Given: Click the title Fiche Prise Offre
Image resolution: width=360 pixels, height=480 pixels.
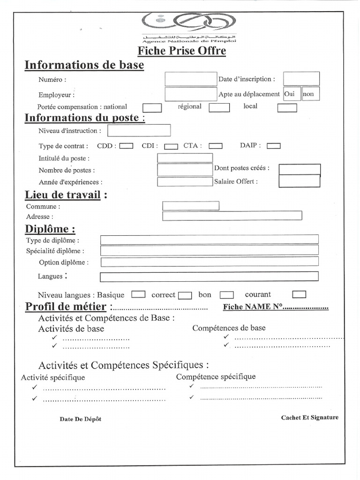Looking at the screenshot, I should click(x=181, y=51).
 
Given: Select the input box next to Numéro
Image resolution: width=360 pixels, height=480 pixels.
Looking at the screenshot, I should click(x=190, y=79).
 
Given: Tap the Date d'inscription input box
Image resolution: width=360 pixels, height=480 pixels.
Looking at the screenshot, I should click(x=301, y=79).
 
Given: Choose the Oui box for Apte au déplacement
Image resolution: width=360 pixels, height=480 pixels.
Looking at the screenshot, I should click(x=292, y=94).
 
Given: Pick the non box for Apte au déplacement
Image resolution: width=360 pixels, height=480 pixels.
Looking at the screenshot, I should click(x=310, y=94).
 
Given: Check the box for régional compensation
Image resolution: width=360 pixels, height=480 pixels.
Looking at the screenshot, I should click(x=219, y=108).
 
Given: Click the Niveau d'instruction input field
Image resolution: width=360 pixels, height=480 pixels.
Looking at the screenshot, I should click(x=139, y=130).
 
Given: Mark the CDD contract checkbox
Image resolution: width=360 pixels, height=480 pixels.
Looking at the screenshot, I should click(x=126, y=146).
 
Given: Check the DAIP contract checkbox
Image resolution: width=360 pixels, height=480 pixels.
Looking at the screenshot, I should click(x=273, y=146).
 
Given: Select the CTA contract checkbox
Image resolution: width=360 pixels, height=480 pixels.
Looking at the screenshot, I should click(x=215, y=146).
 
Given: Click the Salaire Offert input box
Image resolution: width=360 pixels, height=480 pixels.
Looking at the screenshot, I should click(x=300, y=181).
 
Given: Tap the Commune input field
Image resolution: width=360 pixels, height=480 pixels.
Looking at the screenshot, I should click(x=190, y=206).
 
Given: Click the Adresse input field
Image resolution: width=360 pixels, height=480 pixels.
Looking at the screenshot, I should click(x=232, y=216).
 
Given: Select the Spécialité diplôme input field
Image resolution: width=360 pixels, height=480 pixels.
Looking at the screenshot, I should click(x=209, y=250).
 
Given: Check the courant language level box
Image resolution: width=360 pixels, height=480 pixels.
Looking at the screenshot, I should click(x=299, y=294).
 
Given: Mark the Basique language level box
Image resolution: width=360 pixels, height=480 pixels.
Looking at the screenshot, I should click(x=138, y=294).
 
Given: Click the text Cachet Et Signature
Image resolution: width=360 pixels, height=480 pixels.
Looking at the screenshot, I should click(x=309, y=417).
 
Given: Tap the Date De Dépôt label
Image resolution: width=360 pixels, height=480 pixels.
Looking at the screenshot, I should click(x=80, y=419).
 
